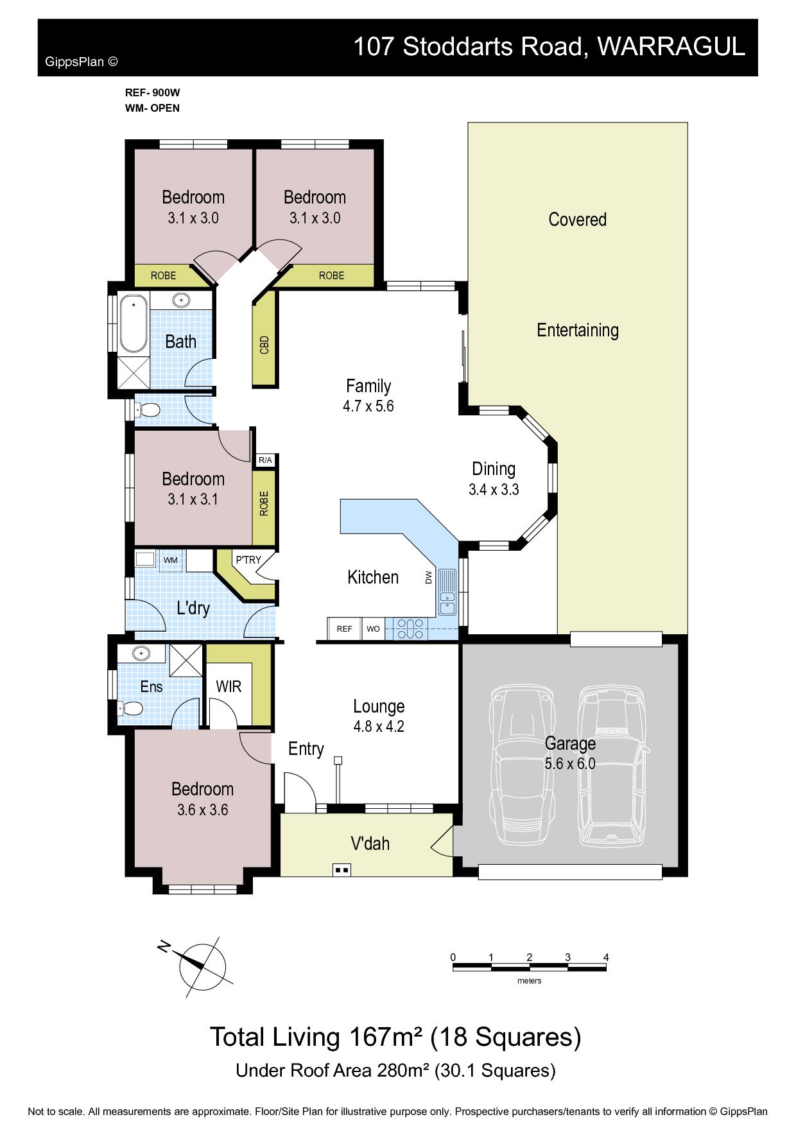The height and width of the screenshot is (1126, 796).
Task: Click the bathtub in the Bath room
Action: tap(134, 323)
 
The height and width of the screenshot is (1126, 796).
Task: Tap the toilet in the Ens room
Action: tap(130, 708)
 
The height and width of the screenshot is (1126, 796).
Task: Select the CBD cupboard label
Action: tap(264, 345)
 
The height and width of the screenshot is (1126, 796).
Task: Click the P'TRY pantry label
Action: tap(248, 560)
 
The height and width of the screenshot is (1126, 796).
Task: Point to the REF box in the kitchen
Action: tap(345, 628)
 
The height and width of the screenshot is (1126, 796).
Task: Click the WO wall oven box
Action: tap(373, 628)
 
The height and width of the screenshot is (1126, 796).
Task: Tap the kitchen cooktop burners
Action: tap(410, 628)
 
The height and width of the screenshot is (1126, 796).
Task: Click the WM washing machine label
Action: tap(171, 560)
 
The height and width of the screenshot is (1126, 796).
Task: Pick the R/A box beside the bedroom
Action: tap(265, 460)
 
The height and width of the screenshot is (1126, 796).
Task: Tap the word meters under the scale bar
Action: tap(530, 981)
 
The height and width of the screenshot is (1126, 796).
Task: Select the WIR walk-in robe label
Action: tap(229, 686)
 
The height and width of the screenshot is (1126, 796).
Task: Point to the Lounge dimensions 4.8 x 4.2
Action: tap(379, 727)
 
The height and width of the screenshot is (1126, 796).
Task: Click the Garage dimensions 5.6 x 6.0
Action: tap(570, 764)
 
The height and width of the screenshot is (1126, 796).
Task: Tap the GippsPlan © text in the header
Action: tap(82, 62)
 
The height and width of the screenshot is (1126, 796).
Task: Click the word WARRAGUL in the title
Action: tap(671, 46)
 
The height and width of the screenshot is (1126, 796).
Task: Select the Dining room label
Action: tap(494, 469)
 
